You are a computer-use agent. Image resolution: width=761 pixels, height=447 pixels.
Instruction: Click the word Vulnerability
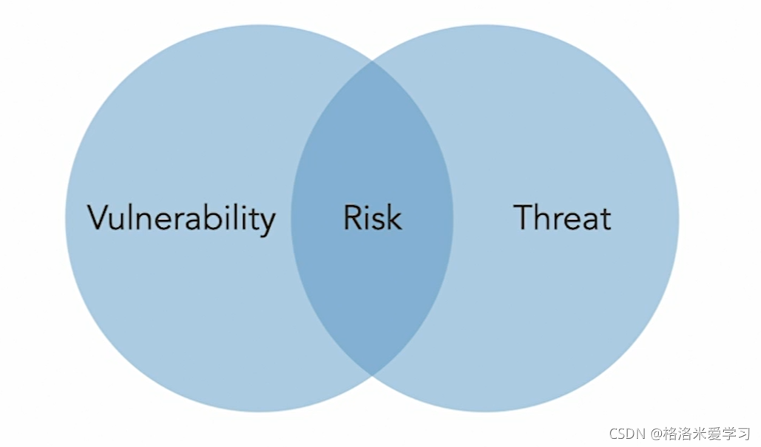click(x=181, y=218)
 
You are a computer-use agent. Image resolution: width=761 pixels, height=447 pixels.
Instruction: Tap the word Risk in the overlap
click(x=373, y=218)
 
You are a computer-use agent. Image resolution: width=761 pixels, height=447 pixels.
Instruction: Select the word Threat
click(x=563, y=218)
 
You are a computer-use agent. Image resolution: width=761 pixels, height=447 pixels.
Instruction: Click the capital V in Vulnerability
click(x=99, y=217)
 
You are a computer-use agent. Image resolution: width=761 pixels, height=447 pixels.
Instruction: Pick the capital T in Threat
click(x=524, y=217)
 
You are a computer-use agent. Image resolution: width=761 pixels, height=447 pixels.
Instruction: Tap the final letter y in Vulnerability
click(x=268, y=222)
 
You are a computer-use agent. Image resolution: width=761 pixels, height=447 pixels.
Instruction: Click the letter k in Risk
click(x=394, y=217)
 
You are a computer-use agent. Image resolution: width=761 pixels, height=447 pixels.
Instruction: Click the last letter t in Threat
click(x=606, y=219)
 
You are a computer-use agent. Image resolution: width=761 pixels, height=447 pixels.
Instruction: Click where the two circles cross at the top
click(x=372, y=62)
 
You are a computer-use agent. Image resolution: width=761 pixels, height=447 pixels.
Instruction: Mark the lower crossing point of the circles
click(x=372, y=374)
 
